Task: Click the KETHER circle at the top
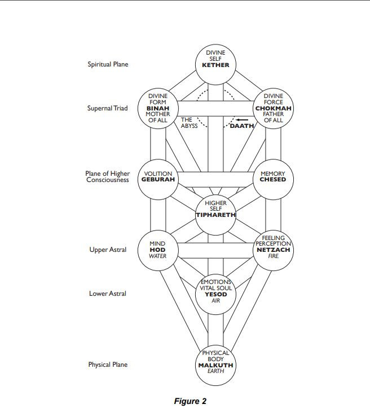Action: click(215, 59)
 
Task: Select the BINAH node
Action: click(158, 108)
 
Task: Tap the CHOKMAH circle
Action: click(273, 108)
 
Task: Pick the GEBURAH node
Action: click(158, 177)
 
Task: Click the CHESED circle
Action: click(273, 177)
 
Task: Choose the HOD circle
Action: click(158, 250)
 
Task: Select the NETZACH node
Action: click(273, 248)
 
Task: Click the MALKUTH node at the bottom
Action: click(215, 365)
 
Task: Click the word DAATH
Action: click(242, 125)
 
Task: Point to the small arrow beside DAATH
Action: click(241, 119)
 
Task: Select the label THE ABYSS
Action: click(188, 122)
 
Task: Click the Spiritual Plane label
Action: click(108, 64)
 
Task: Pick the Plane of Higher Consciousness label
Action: click(108, 177)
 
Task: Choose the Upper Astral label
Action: click(108, 250)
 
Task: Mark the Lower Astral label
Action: click(108, 294)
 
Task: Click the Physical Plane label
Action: click(108, 365)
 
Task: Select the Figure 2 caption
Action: click(191, 401)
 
